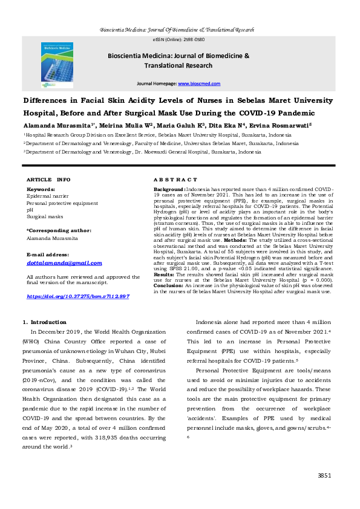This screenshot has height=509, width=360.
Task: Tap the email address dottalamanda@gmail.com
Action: tap(65, 263)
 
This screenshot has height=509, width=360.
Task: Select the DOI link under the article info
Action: tap(79, 296)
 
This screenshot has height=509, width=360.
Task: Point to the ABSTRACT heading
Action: tap(175, 180)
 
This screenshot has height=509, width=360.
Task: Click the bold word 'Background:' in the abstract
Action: tap(169, 190)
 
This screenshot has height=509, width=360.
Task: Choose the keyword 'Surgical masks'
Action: tap(45, 216)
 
